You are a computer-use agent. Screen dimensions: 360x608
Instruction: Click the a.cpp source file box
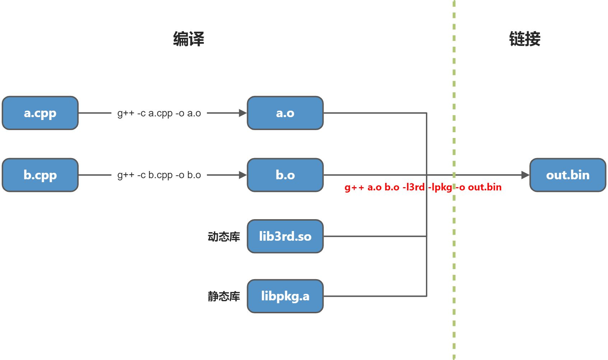click(x=40, y=113)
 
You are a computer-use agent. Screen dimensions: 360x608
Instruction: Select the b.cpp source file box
click(x=40, y=175)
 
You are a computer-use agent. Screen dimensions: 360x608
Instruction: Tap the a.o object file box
click(x=285, y=113)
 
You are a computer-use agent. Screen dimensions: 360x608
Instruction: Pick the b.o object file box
click(x=285, y=175)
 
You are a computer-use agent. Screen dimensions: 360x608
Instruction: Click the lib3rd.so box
click(x=285, y=236)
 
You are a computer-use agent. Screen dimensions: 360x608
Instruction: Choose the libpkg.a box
click(x=285, y=296)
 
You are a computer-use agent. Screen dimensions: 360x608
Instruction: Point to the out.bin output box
click(x=568, y=175)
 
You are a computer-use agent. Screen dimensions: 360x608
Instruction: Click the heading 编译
click(x=189, y=39)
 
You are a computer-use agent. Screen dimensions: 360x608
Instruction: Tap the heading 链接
click(x=525, y=39)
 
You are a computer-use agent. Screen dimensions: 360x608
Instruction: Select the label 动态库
click(x=224, y=237)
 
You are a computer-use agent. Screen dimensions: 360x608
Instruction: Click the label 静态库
click(x=224, y=296)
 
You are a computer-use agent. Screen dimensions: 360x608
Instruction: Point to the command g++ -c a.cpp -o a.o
click(x=159, y=113)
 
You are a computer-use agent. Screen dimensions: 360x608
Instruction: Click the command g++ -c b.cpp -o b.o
click(x=159, y=175)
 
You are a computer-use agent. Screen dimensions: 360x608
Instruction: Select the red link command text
click(x=423, y=187)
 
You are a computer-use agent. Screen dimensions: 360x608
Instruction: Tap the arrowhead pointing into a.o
click(x=243, y=113)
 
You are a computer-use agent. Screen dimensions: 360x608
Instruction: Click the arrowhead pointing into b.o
click(x=243, y=175)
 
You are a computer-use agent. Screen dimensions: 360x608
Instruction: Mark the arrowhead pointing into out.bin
click(x=525, y=175)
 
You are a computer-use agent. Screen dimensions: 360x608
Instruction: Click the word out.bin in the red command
click(x=484, y=187)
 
